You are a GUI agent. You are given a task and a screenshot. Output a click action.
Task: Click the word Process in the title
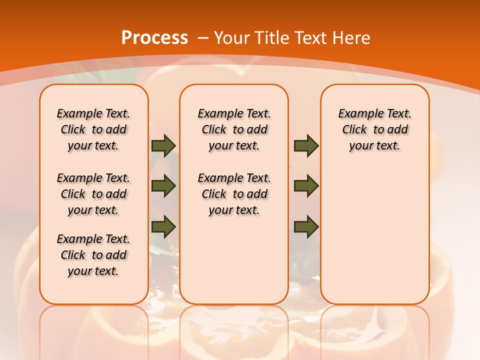(x=154, y=38)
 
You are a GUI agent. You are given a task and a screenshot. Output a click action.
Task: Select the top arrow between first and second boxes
(x=163, y=145)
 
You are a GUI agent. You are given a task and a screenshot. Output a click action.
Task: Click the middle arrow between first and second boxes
(x=163, y=186)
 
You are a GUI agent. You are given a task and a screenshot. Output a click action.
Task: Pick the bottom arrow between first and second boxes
(x=163, y=226)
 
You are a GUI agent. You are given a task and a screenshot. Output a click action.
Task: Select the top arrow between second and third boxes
(x=306, y=145)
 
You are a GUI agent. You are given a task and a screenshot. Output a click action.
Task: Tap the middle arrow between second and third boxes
(x=306, y=186)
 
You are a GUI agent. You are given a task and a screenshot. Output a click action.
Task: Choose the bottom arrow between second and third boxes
(x=306, y=226)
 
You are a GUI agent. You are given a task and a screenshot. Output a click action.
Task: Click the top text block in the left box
(x=93, y=130)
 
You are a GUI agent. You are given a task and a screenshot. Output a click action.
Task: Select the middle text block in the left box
(x=93, y=194)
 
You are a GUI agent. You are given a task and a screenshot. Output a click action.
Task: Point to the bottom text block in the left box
(x=93, y=255)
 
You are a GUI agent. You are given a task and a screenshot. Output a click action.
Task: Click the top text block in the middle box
(x=234, y=130)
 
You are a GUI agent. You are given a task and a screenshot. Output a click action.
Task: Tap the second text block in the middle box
(x=234, y=194)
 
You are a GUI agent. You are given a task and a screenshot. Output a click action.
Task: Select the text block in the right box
(x=374, y=130)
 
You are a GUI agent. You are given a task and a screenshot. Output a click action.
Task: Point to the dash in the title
(x=203, y=38)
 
